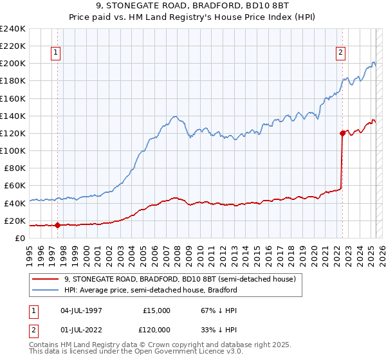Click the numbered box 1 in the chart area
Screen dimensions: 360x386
(x=57, y=53)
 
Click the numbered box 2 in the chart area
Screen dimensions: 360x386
(x=340, y=53)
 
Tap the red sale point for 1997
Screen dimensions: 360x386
(x=57, y=225)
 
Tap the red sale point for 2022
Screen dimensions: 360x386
(x=342, y=133)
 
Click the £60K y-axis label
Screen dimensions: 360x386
(x=15, y=186)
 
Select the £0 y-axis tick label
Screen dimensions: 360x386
(x=21, y=238)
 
